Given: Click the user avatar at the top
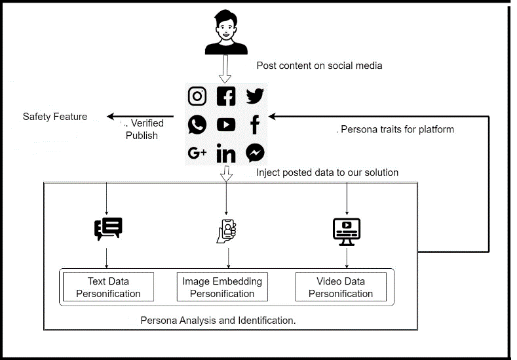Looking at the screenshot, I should (x=226, y=33).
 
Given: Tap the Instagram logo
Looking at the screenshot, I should (x=197, y=96).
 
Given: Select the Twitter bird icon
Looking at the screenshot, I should (x=255, y=96).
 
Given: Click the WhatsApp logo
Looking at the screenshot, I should (x=197, y=125).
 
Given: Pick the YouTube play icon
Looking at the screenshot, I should (x=226, y=125).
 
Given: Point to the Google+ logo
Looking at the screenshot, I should (x=197, y=153).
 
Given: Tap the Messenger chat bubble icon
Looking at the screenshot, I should (x=255, y=153).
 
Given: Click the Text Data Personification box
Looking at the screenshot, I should (x=108, y=287).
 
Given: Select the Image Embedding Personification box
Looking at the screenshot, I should (x=222, y=287).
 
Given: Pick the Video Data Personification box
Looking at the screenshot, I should (x=341, y=287).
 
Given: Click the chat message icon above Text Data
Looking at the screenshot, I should (x=108, y=228).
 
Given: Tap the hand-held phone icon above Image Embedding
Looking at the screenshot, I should (x=226, y=230).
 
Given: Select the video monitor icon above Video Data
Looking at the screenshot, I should (x=347, y=231).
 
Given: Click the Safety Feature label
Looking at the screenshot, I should (x=55, y=117).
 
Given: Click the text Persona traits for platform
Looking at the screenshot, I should (x=397, y=129).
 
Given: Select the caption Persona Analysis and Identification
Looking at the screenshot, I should (x=218, y=321).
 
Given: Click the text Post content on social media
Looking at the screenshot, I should (x=319, y=66).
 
